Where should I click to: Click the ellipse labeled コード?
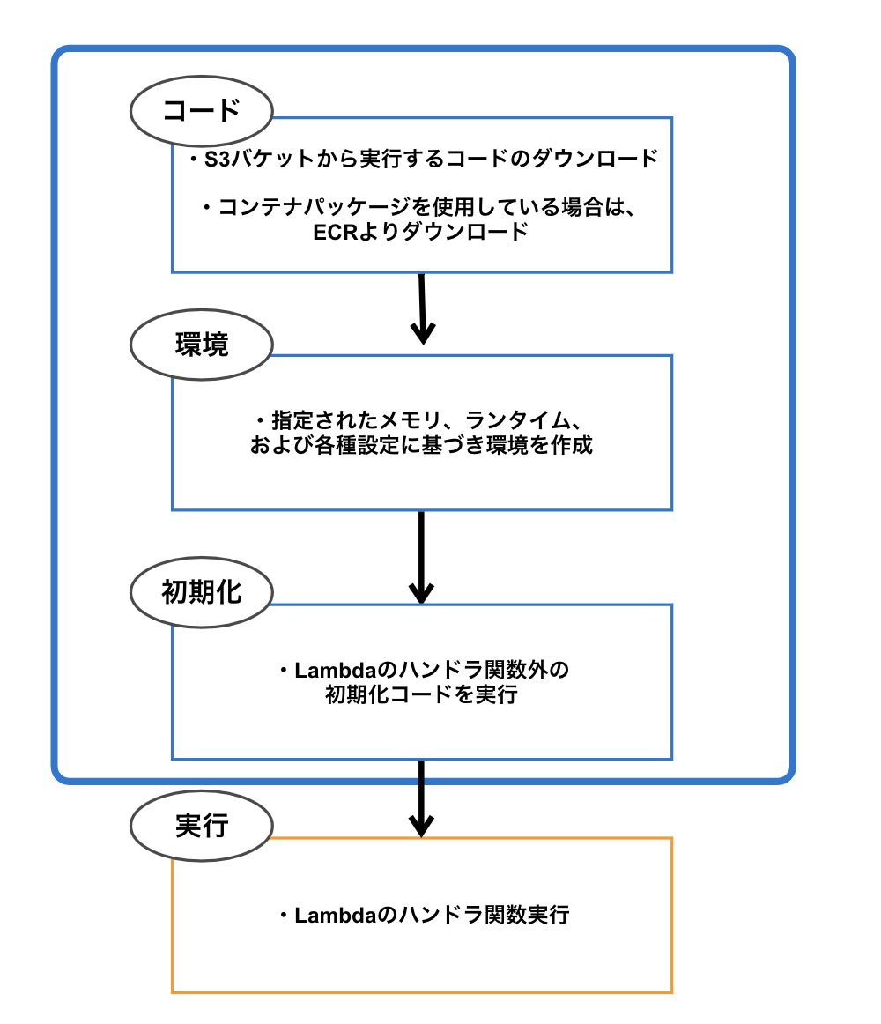pyautogui.click(x=202, y=110)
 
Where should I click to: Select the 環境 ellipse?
pyautogui.click(x=202, y=345)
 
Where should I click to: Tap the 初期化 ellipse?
pyautogui.click(x=202, y=592)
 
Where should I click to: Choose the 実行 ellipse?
pyautogui.click(x=202, y=826)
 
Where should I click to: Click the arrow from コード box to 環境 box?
pyautogui.click(x=423, y=308)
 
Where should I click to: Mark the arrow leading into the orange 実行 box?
pyautogui.click(x=422, y=798)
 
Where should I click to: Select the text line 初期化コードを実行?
pyautogui.click(x=421, y=695)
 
